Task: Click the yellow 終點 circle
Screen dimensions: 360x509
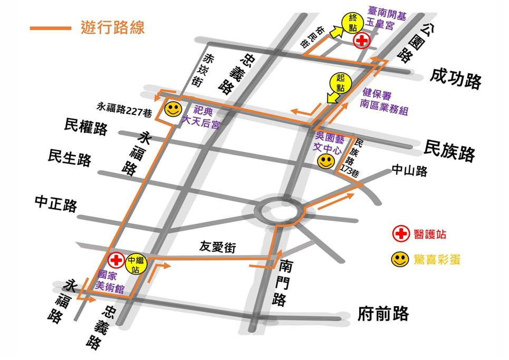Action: (x=352, y=23)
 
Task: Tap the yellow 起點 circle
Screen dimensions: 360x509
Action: (x=340, y=83)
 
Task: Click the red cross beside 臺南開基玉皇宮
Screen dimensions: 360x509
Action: (x=362, y=41)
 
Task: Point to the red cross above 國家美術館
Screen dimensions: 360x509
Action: (x=116, y=260)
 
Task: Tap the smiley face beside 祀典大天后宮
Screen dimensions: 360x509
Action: (x=172, y=110)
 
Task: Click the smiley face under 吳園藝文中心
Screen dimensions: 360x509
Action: (x=325, y=161)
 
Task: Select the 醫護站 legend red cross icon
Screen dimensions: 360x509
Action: (x=401, y=233)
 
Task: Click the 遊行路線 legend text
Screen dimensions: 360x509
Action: (x=112, y=27)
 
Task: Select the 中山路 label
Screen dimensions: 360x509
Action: (x=409, y=171)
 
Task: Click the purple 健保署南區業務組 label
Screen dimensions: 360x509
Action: (x=385, y=102)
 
